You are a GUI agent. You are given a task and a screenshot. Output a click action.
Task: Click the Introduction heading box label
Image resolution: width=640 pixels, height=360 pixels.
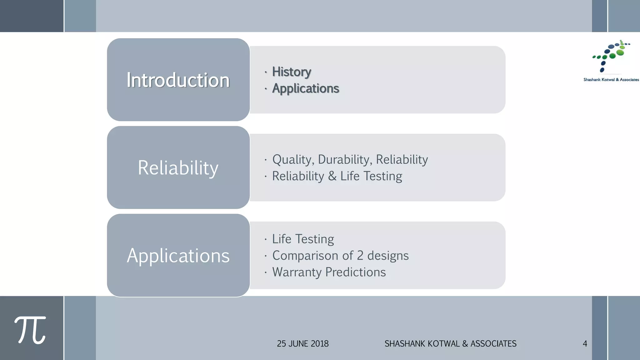pos(178,80)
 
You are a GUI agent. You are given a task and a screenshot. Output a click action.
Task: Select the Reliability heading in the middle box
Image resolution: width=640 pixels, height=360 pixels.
pos(178,168)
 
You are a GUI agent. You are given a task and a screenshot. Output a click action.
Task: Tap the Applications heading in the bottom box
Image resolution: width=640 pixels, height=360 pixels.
pos(178,256)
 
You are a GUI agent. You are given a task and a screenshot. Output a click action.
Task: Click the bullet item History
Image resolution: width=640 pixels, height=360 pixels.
pos(292,72)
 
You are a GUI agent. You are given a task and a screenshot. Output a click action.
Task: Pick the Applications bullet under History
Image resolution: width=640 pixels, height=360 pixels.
pos(305,88)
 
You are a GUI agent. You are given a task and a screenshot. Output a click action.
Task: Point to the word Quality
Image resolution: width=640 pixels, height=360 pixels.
pos(292,160)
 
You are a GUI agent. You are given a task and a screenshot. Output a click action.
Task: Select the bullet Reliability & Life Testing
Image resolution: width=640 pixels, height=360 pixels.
pos(337,176)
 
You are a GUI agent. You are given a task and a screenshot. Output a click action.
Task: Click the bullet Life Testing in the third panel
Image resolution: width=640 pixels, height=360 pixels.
pos(303,239)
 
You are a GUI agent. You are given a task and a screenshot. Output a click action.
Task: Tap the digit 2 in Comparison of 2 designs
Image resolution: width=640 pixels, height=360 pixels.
pos(360,256)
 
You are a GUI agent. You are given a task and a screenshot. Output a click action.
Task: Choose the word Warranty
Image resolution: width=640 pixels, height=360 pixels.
pos(297,272)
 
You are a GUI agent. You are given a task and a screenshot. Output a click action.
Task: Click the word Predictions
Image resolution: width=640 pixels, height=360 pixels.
pos(355,272)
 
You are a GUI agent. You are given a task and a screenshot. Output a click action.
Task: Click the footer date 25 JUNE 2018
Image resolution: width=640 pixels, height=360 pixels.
pos(302,344)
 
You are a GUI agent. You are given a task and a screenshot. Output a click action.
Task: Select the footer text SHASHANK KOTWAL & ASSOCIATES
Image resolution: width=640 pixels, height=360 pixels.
pos(450,344)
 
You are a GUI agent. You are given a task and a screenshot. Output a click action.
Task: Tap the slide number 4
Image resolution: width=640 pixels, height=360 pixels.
pos(585,344)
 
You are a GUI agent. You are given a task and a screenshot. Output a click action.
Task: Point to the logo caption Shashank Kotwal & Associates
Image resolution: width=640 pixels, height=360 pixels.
pos(611,80)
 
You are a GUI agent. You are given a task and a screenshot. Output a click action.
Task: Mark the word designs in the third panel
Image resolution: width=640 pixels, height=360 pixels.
pos(388,256)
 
